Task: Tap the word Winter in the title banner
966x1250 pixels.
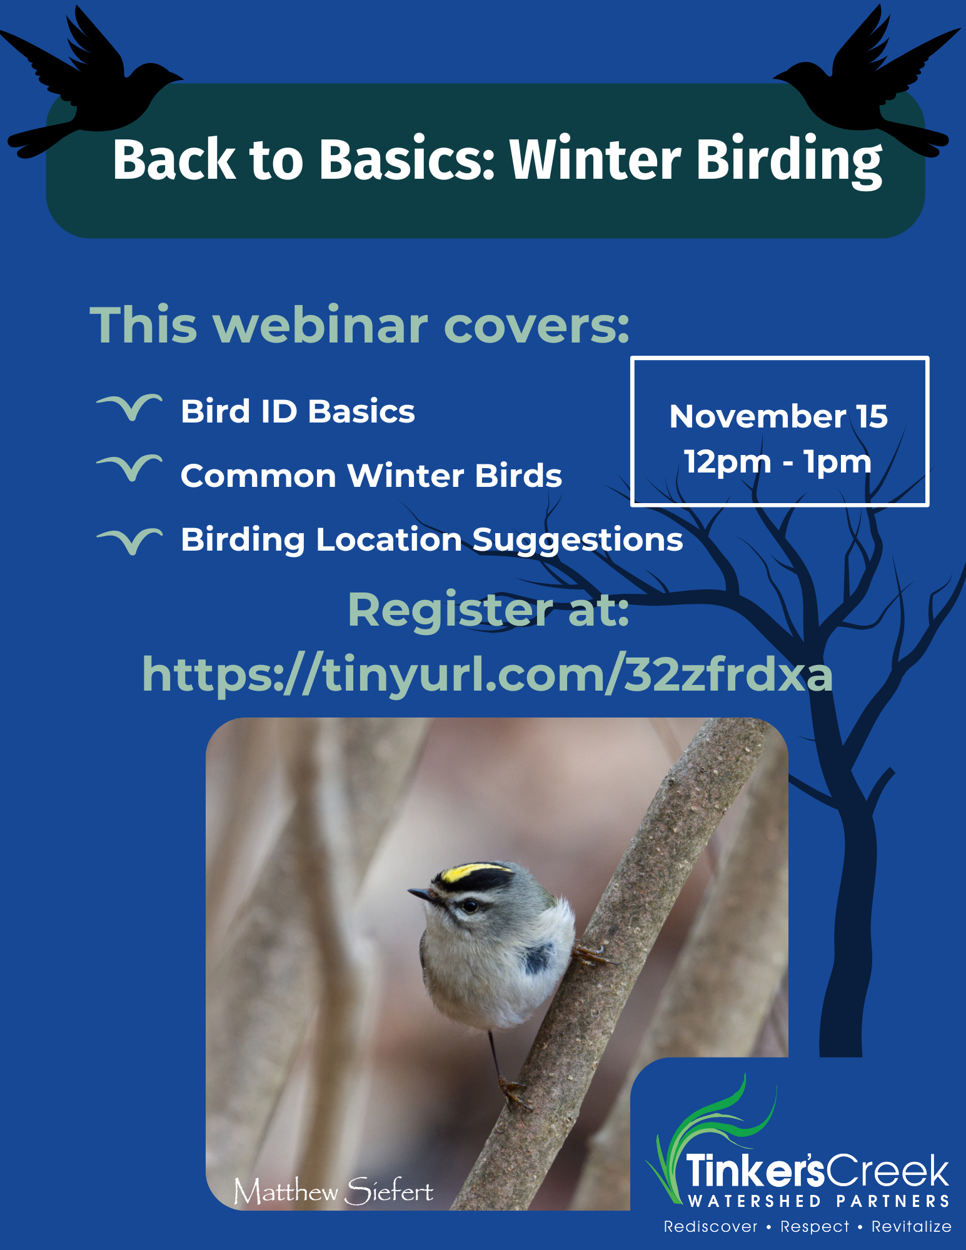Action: [595, 159]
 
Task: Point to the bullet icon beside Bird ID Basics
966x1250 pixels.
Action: [129, 407]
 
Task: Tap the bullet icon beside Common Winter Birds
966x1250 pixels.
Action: [129, 468]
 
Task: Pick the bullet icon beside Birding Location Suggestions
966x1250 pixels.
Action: [129, 541]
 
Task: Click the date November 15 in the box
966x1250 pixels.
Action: [778, 416]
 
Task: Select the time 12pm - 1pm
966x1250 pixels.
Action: [778, 462]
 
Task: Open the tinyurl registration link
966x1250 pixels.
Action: [487, 674]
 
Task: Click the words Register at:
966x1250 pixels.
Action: [488, 609]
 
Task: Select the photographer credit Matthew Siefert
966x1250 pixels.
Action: [333, 1191]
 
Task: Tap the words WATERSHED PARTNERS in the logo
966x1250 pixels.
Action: [819, 1201]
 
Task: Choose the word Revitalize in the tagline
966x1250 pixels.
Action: [912, 1227]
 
